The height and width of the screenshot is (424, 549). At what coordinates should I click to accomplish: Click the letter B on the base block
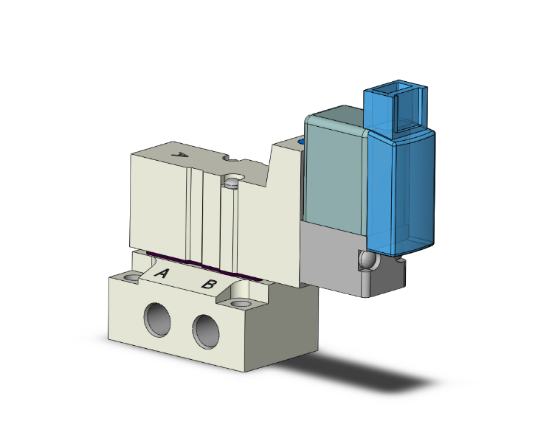click(209, 285)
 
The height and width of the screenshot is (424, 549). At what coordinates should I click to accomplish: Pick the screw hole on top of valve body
click(235, 179)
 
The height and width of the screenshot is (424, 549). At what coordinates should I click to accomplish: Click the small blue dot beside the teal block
click(301, 140)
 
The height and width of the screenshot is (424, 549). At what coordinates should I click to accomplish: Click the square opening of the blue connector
click(404, 111)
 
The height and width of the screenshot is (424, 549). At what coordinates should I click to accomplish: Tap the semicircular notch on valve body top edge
click(231, 160)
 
